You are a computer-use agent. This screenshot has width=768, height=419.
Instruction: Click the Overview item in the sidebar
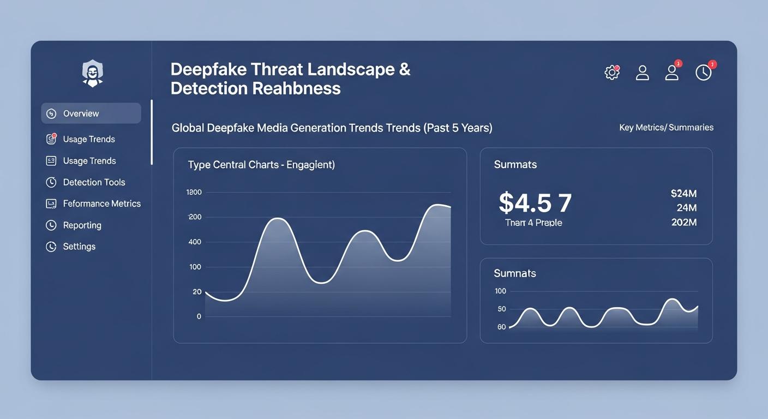click(81, 113)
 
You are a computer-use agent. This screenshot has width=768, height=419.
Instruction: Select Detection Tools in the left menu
click(94, 182)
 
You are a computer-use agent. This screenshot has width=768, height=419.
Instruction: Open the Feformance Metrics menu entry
click(101, 203)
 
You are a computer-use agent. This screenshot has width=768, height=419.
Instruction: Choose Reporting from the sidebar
click(82, 225)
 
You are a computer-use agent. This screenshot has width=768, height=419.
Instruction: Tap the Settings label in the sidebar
click(79, 247)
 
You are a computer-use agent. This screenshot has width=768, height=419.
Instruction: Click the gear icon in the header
click(612, 73)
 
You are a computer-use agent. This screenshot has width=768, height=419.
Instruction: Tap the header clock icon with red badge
click(704, 72)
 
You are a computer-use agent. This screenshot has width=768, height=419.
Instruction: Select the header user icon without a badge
click(643, 73)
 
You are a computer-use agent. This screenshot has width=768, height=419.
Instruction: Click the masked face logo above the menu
click(93, 74)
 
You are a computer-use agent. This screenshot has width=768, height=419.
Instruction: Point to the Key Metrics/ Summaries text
click(666, 128)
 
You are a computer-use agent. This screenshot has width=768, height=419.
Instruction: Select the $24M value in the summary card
click(683, 194)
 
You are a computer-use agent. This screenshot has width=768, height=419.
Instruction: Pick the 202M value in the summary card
click(683, 222)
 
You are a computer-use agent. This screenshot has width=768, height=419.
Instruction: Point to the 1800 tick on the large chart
click(194, 192)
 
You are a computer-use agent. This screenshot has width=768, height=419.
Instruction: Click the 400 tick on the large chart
click(195, 242)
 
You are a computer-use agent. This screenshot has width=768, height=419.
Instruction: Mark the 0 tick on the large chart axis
click(199, 316)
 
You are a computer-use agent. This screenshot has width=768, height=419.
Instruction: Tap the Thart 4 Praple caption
click(533, 223)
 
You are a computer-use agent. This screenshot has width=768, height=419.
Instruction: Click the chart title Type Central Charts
click(261, 164)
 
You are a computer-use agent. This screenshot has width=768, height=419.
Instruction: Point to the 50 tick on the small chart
click(501, 309)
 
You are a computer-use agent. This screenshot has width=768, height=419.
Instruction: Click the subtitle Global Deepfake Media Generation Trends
click(332, 128)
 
